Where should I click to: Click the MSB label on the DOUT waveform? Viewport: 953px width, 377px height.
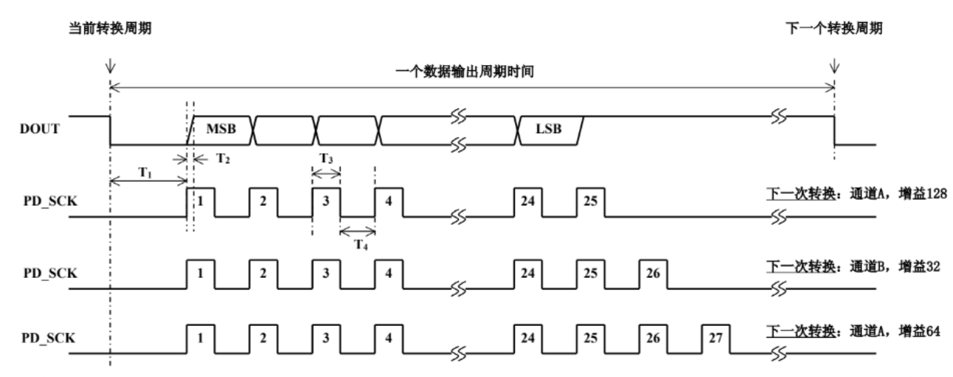tap(221, 129)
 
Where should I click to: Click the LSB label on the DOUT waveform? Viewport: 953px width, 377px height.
tap(547, 129)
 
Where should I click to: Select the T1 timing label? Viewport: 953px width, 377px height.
tap(146, 171)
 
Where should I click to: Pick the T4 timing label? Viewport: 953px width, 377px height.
tap(360, 245)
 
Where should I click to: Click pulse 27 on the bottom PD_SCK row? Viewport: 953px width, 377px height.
tap(714, 336)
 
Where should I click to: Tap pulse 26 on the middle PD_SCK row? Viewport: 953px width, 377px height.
tap(652, 272)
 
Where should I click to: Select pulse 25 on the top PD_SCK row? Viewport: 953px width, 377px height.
tap(590, 201)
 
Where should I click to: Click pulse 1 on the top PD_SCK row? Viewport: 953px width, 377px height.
tap(200, 201)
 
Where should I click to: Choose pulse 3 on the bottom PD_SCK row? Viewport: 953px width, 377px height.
tap(326, 336)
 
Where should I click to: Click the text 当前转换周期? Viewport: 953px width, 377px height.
tap(110, 29)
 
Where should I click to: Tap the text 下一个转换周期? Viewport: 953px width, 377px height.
tap(834, 29)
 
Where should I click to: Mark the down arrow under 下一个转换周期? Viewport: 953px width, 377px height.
tap(835, 66)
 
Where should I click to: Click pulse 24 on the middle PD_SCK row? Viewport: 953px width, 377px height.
tap(527, 272)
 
